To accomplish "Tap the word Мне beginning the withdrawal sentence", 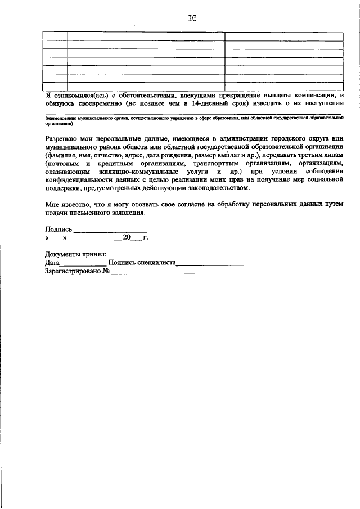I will tap(53, 205).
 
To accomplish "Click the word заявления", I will tap(127, 213).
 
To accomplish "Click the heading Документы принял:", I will tap(75, 255).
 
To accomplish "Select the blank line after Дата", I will tap(83, 264).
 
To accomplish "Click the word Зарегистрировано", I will tap(72, 272).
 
